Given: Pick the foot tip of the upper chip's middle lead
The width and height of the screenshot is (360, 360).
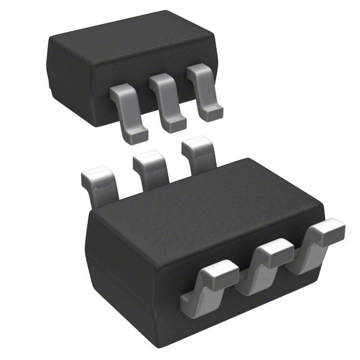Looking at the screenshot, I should (x=175, y=123).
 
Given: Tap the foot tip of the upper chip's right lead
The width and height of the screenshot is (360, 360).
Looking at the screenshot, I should (x=212, y=114).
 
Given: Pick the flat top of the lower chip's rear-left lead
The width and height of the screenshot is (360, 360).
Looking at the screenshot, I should (x=97, y=175).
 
